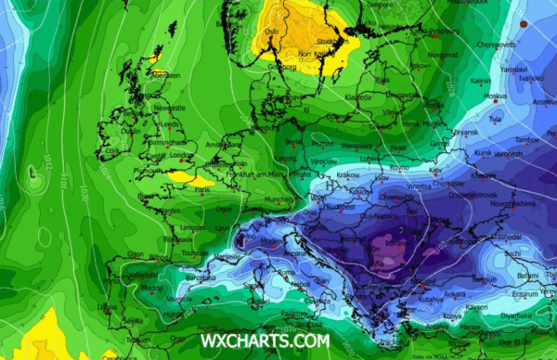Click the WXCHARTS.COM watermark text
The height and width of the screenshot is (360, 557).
click(x=265, y=341)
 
